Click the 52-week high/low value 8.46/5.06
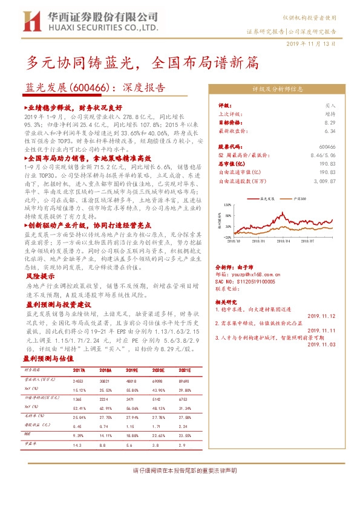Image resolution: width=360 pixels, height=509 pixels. click(322, 155)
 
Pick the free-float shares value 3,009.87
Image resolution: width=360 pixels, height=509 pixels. click(322, 180)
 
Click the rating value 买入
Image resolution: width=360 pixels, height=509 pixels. click(330, 105)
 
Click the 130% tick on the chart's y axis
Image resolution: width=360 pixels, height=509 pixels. click(227, 206)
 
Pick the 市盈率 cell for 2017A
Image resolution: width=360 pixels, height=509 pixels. click(79, 444)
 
